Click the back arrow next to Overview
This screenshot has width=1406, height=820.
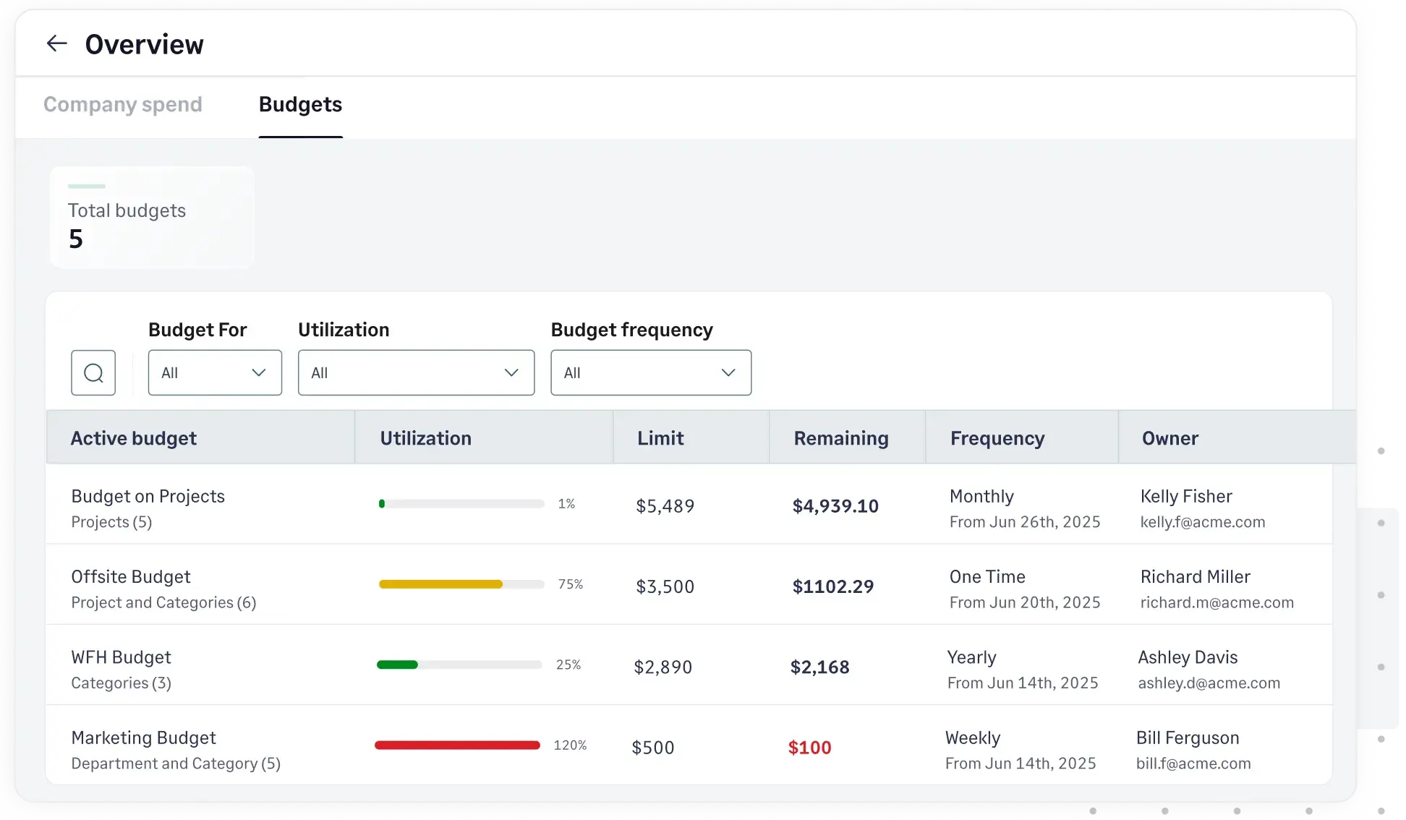click(x=56, y=43)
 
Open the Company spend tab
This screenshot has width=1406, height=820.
click(x=122, y=104)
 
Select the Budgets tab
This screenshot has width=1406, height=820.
click(x=300, y=104)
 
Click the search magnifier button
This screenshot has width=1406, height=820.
click(x=93, y=372)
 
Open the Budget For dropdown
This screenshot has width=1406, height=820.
click(x=215, y=372)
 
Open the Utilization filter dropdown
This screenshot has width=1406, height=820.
click(x=416, y=372)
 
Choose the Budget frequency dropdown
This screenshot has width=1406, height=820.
click(x=650, y=372)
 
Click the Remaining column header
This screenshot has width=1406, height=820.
click(x=840, y=438)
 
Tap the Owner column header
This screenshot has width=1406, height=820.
click(x=1169, y=438)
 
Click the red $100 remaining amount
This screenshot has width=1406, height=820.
click(x=809, y=747)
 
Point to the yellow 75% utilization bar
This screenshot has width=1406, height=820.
click(x=440, y=584)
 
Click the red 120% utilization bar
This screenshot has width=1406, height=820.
click(x=457, y=745)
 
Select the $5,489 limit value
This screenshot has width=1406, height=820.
click(x=665, y=505)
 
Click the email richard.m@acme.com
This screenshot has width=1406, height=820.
click(x=1217, y=602)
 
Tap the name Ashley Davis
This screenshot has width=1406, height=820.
click(x=1188, y=657)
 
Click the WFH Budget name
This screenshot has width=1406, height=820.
click(x=121, y=657)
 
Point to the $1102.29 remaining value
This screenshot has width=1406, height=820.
click(x=832, y=586)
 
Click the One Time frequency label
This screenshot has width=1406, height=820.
click(x=987, y=576)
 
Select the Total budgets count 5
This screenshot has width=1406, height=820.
click(x=76, y=239)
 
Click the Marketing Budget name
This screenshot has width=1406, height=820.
click(x=143, y=737)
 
